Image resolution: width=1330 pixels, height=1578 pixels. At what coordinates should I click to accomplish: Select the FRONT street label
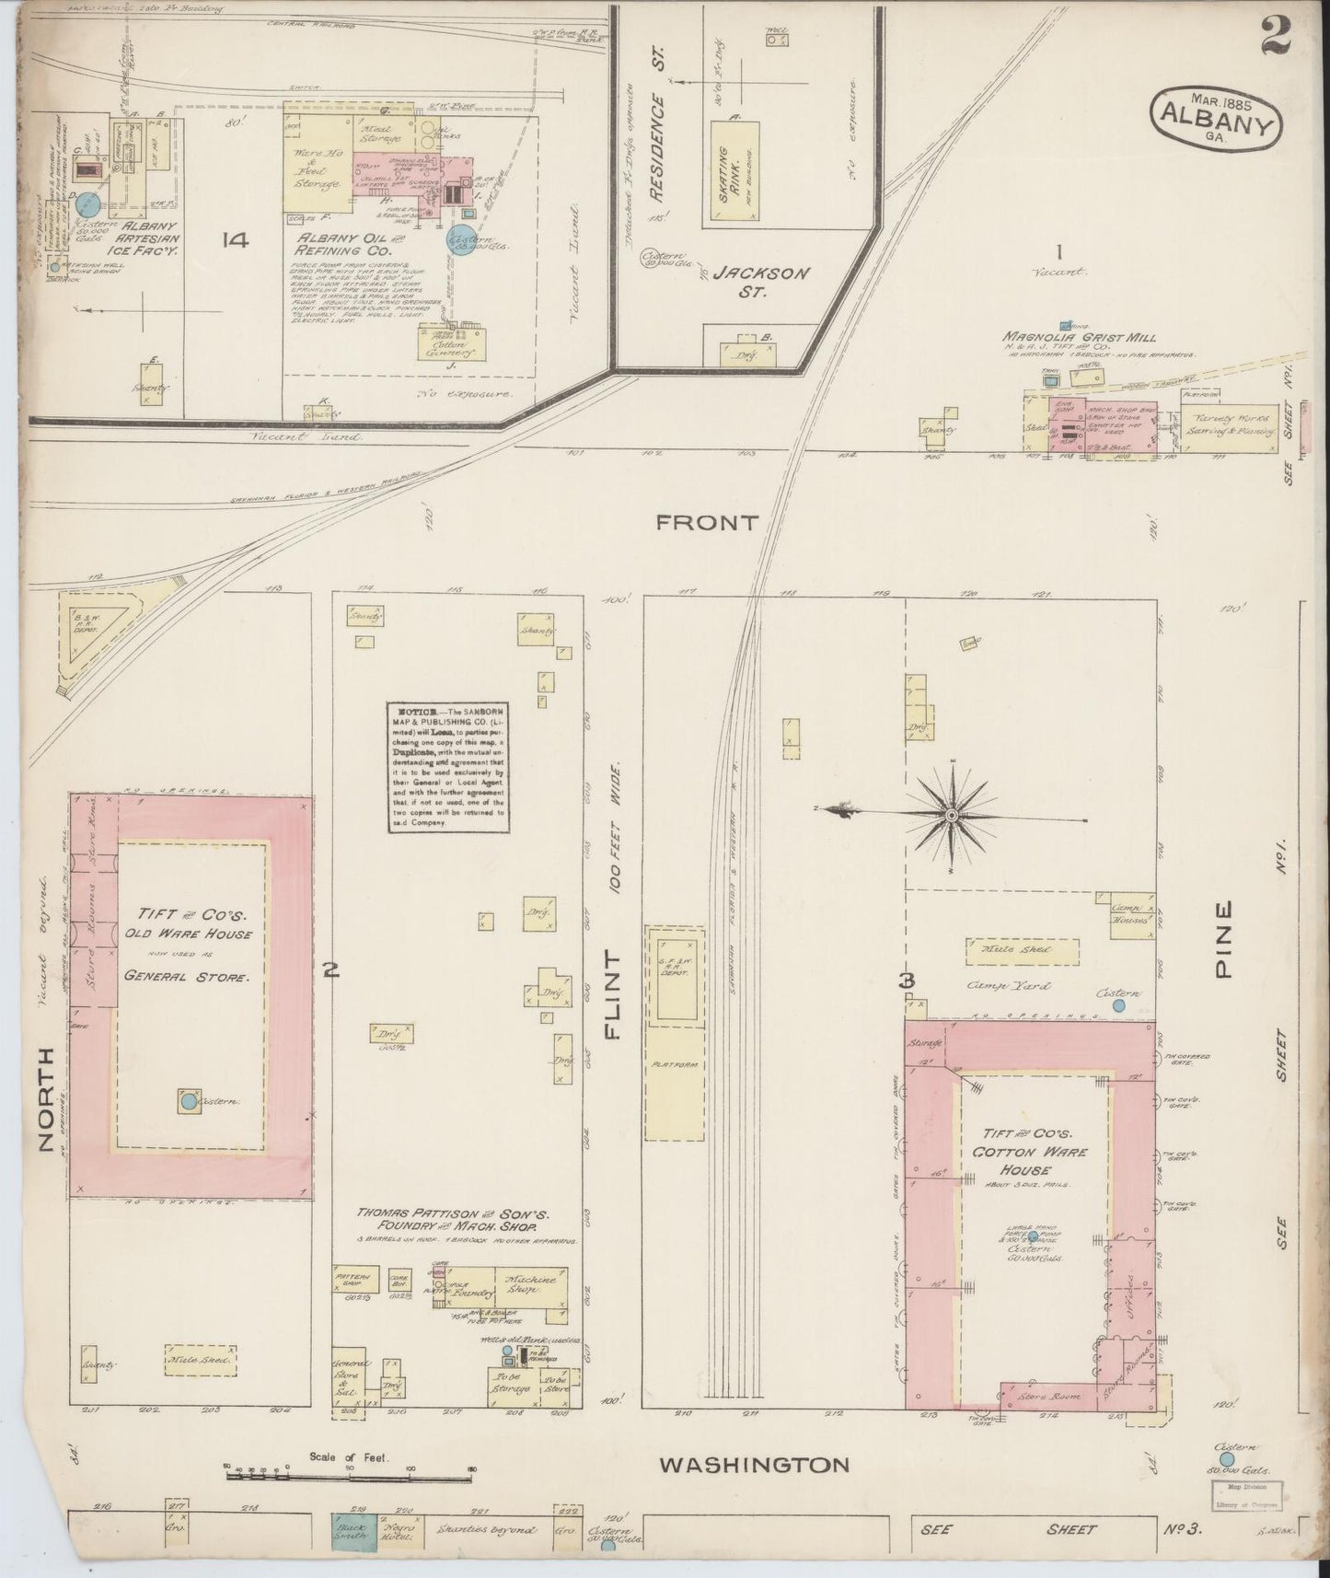[707, 523]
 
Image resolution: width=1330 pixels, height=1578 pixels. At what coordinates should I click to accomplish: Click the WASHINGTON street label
[753, 1463]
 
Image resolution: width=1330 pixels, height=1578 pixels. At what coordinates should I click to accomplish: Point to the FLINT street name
[614, 997]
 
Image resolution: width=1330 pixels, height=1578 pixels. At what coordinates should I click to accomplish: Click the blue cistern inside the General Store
[189, 1100]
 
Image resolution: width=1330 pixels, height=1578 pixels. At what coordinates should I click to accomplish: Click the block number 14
[236, 240]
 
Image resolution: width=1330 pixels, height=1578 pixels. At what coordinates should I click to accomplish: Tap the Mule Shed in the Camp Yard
[1022, 950]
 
